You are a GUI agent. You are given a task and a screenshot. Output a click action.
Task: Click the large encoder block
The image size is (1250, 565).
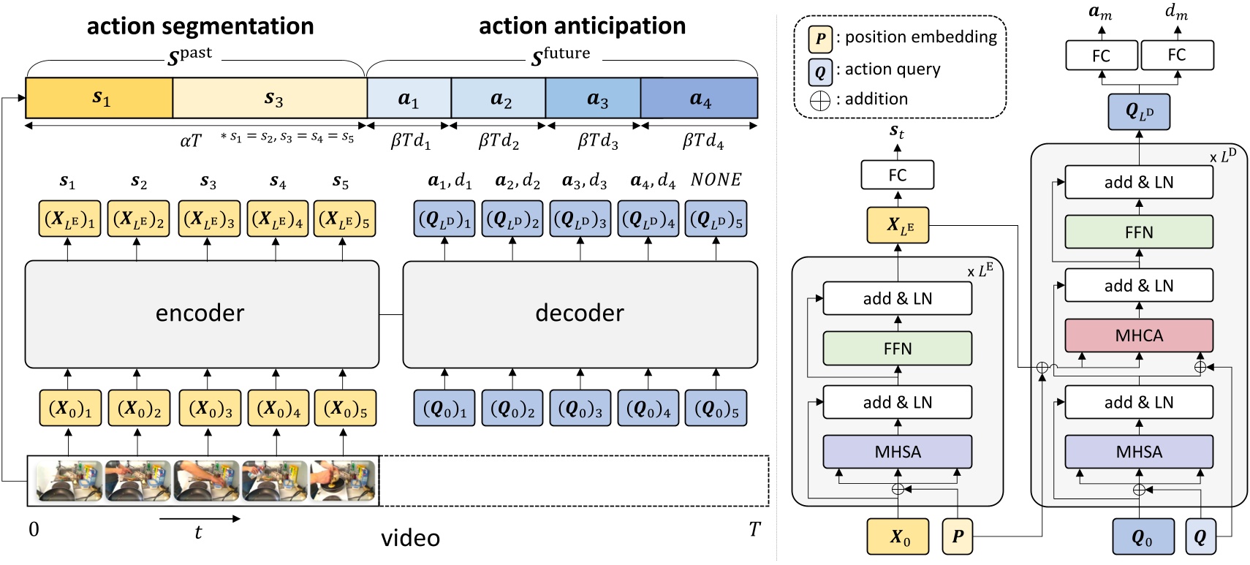point(202,314)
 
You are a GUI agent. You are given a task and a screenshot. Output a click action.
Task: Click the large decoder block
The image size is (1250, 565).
point(580,314)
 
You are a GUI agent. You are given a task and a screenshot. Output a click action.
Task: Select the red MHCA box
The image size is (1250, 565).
point(1138,335)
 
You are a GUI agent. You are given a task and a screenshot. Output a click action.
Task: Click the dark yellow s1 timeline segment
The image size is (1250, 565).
point(99,98)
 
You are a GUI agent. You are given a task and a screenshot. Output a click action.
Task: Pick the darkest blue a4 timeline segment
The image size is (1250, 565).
point(699,99)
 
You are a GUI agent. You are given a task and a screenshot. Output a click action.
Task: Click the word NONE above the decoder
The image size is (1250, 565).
point(716,180)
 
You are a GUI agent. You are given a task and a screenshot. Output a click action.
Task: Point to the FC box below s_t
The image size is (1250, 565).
point(897,175)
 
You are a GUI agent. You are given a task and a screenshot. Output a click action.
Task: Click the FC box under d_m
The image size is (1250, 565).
point(1176,56)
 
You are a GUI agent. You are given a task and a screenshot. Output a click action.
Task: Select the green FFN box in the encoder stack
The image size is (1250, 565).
point(897,349)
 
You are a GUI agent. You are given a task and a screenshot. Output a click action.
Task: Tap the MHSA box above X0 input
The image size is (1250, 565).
point(897,452)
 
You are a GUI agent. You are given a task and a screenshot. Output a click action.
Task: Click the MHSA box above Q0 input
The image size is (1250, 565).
point(1138,452)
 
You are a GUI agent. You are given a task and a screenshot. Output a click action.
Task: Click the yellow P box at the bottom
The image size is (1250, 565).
point(957,536)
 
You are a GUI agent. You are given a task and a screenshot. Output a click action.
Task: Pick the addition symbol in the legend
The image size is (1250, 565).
point(820,100)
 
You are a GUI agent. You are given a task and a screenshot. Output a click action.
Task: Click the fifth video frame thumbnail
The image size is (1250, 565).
point(343,480)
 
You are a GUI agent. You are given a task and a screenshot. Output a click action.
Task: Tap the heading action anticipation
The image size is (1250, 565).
point(582,26)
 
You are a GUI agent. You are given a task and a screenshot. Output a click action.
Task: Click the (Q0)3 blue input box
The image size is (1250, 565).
point(580,409)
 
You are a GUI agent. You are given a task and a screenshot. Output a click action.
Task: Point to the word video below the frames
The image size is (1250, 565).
point(410,539)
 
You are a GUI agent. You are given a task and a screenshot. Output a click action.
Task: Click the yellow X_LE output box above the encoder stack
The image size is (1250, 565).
point(897,225)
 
